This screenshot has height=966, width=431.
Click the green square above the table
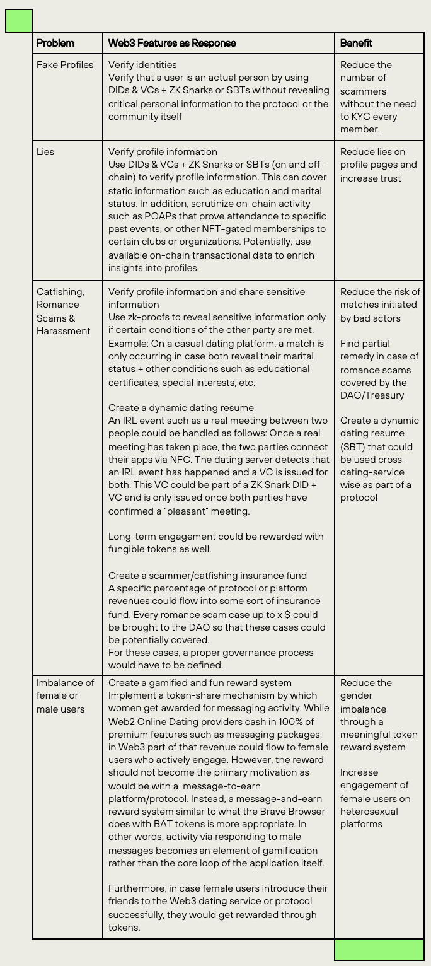pos(19,21)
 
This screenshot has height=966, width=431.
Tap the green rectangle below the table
pos(379,950)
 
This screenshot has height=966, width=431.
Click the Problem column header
pos(55,44)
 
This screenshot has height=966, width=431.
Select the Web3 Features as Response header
pos(172,44)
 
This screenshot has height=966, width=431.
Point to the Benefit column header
pos(356,44)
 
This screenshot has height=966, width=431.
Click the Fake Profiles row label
pos(65,65)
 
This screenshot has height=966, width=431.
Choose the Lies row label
pos(45,152)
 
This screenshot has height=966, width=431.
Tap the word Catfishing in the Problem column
pos(60,292)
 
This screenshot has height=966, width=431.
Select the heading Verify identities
pos(142,65)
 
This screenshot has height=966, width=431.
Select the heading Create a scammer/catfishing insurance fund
pos(207,575)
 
